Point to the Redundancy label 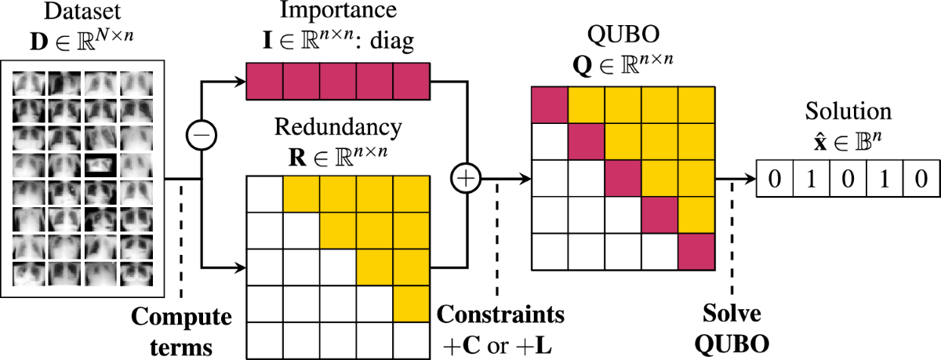(x=338, y=128)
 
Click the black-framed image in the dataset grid (x=100, y=165)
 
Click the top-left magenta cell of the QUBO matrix (x=551, y=104)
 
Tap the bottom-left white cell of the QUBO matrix (x=551, y=252)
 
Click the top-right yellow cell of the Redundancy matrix (x=412, y=196)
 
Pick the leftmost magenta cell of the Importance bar (x=265, y=82)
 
